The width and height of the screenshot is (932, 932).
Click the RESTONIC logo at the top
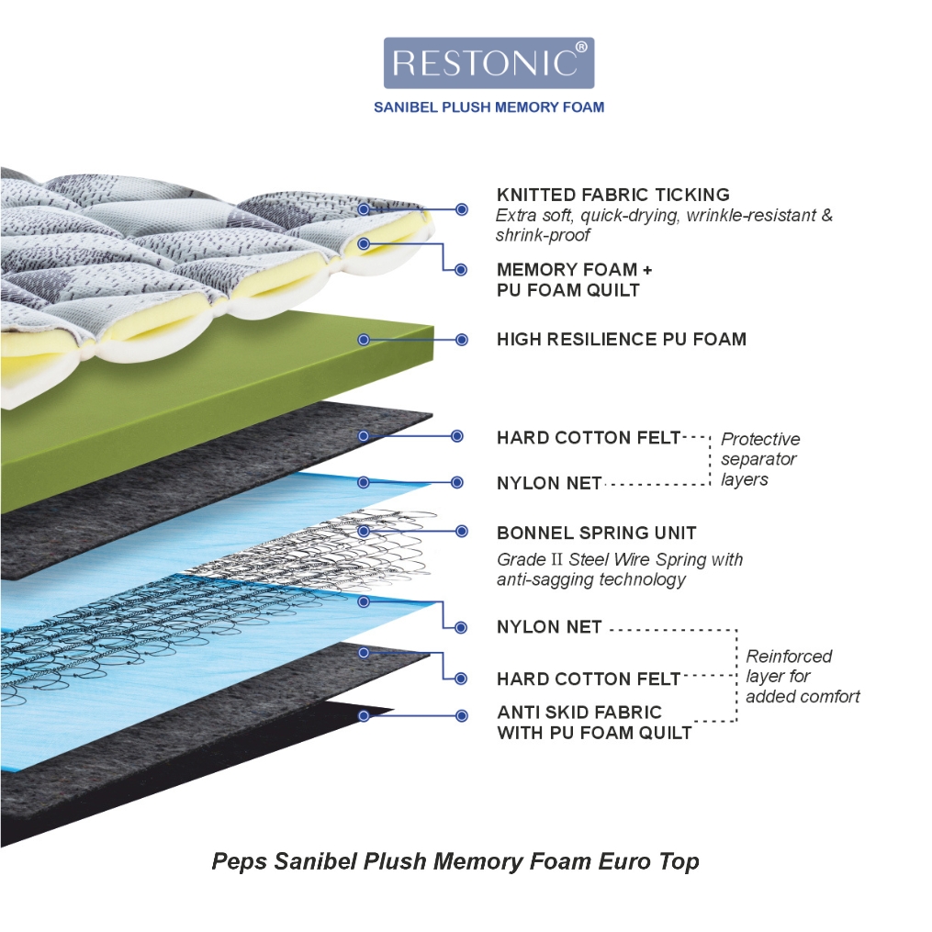[488, 63]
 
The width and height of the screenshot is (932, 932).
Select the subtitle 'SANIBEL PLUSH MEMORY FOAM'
[488, 107]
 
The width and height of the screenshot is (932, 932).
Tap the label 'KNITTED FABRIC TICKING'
[612, 195]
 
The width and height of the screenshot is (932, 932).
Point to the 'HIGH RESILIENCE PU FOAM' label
[621, 340]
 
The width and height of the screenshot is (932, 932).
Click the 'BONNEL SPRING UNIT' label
[596, 533]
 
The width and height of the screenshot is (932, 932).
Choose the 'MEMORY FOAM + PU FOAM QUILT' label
[574, 280]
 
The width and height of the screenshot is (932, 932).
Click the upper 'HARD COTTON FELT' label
[589, 438]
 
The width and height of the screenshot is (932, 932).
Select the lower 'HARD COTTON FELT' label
[589, 679]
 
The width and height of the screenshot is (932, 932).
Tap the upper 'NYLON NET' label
[549, 483]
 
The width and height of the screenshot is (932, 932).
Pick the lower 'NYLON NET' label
[549, 627]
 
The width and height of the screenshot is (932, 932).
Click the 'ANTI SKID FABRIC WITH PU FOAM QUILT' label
[594, 723]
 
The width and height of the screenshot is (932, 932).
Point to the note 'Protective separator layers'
[760, 459]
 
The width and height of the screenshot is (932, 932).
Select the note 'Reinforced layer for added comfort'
[803, 677]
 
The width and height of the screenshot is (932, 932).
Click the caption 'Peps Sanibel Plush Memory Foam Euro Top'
[455, 861]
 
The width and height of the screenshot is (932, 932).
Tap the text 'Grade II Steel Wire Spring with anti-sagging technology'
[620, 569]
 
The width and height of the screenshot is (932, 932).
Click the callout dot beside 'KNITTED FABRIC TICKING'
[461, 209]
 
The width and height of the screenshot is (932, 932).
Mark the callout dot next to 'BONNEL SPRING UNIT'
[461, 532]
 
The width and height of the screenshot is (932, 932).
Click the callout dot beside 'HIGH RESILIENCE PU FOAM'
[461, 340]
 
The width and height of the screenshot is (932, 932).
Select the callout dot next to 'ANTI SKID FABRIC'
[461, 716]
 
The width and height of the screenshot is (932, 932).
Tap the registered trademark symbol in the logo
[581, 47]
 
